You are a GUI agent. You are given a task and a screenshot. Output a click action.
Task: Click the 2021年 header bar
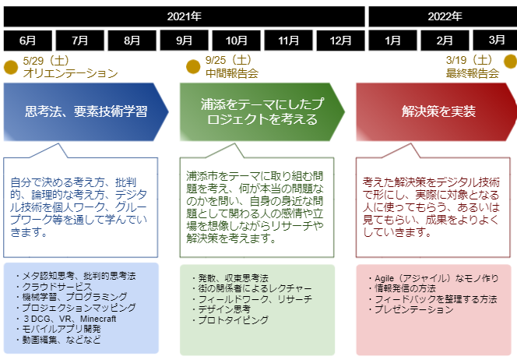[184, 16]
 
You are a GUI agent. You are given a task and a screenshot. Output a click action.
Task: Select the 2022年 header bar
[443, 16]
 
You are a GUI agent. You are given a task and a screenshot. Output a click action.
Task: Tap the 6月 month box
[28, 41]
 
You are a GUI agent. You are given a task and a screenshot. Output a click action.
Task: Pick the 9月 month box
[184, 41]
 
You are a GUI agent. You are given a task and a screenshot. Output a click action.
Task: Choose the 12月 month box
[340, 41]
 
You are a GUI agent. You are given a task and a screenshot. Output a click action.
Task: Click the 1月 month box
[392, 41]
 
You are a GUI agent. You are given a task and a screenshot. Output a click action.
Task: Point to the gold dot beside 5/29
[11, 67]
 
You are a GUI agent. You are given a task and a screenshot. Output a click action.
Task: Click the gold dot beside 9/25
[193, 67]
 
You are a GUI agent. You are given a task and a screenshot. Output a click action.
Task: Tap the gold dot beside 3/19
[511, 62]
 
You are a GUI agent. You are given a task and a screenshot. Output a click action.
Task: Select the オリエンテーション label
[71, 73]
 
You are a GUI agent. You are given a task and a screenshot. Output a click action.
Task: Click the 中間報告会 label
[232, 73]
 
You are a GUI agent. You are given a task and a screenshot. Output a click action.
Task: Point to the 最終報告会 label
[472, 73]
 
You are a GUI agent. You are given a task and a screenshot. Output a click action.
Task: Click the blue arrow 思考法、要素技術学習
[86, 112]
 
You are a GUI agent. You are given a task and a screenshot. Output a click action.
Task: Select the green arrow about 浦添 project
[262, 112]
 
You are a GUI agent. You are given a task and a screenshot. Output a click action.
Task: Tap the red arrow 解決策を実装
[437, 112]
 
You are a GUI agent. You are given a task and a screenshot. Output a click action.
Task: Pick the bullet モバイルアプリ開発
[58, 329]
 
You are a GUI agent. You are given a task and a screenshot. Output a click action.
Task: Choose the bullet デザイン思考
[222, 309]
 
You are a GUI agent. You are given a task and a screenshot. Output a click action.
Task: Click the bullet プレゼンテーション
[411, 309]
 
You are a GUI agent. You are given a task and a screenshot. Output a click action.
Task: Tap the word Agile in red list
[384, 278]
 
